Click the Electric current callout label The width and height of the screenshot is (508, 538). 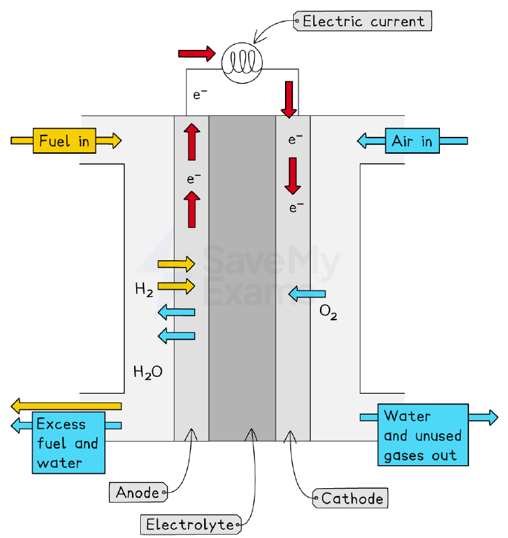[x=362, y=21]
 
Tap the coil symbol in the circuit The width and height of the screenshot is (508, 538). [x=242, y=63]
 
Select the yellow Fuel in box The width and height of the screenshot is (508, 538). [x=65, y=141]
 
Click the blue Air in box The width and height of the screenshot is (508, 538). [x=412, y=141]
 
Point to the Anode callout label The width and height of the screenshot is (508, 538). [x=138, y=492]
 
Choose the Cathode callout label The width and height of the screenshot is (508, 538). [x=350, y=498]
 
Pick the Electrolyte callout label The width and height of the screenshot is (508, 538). [x=191, y=525]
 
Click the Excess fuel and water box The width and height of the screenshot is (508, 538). [x=69, y=443]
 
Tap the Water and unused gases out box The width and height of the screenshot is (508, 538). [x=423, y=435]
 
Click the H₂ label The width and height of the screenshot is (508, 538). [x=144, y=289]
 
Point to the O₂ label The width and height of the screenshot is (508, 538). [x=328, y=312]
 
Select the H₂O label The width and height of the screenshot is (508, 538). [x=148, y=372]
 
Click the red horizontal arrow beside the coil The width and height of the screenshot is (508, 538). [x=197, y=53]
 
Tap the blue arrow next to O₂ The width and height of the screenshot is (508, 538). [x=307, y=294]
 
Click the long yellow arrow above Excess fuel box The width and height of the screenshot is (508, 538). [x=66, y=407]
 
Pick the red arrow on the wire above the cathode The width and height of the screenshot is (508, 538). [x=289, y=100]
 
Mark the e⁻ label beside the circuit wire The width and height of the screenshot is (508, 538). [x=200, y=94]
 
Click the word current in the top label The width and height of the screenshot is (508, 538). [x=398, y=22]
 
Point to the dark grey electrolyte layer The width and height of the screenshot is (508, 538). [x=243, y=278]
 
